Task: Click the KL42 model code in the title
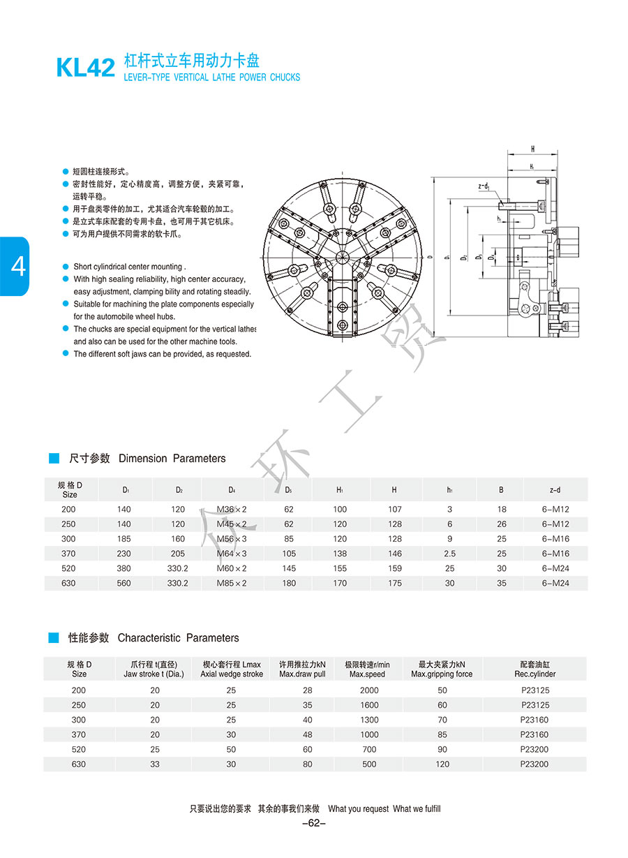click(x=85, y=68)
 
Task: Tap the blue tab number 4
click(x=15, y=267)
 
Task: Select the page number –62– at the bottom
click(x=314, y=823)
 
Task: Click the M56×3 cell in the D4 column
click(x=232, y=539)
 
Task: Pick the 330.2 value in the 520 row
click(x=178, y=568)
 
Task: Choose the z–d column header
click(x=555, y=490)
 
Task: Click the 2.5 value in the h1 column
click(x=449, y=554)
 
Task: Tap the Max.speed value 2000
click(x=369, y=690)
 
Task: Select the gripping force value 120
click(x=442, y=764)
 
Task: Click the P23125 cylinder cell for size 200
click(x=535, y=690)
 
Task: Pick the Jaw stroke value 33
click(x=155, y=764)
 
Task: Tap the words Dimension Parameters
click(x=172, y=459)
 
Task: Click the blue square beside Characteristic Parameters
click(x=54, y=637)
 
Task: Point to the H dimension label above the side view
click(x=532, y=149)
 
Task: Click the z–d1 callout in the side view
click(x=483, y=186)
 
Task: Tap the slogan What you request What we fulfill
click(x=384, y=809)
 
